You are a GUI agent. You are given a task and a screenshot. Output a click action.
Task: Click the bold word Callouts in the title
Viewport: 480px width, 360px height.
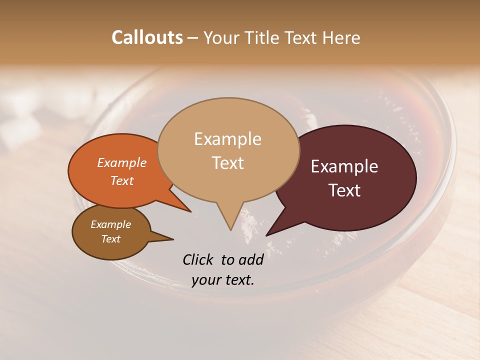pyautogui.click(x=147, y=38)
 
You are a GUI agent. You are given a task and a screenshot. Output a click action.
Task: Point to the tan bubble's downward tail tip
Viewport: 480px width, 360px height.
pyautogui.click(x=230, y=230)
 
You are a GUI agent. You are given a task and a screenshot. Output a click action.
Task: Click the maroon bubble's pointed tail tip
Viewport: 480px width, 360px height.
pyautogui.click(x=266, y=235)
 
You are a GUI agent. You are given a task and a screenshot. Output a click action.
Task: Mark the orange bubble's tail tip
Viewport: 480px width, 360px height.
pyautogui.click(x=190, y=211)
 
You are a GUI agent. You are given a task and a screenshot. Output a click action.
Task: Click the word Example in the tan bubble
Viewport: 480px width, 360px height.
pyautogui.click(x=227, y=138)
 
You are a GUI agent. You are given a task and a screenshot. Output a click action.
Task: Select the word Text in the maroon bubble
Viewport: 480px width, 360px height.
pyautogui.click(x=344, y=190)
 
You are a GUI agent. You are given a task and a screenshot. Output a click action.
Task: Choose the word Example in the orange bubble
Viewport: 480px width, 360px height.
pyautogui.click(x=122, y=162)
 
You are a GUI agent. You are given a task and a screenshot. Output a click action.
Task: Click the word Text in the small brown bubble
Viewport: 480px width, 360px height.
pyautogui.click(x=111, y=239)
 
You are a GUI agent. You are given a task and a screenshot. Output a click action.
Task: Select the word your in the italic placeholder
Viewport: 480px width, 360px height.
pyautogui.click(x=207, y=280)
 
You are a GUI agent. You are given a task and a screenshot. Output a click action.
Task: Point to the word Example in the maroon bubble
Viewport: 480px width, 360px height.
pyautogui.click(x=344, y=166)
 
